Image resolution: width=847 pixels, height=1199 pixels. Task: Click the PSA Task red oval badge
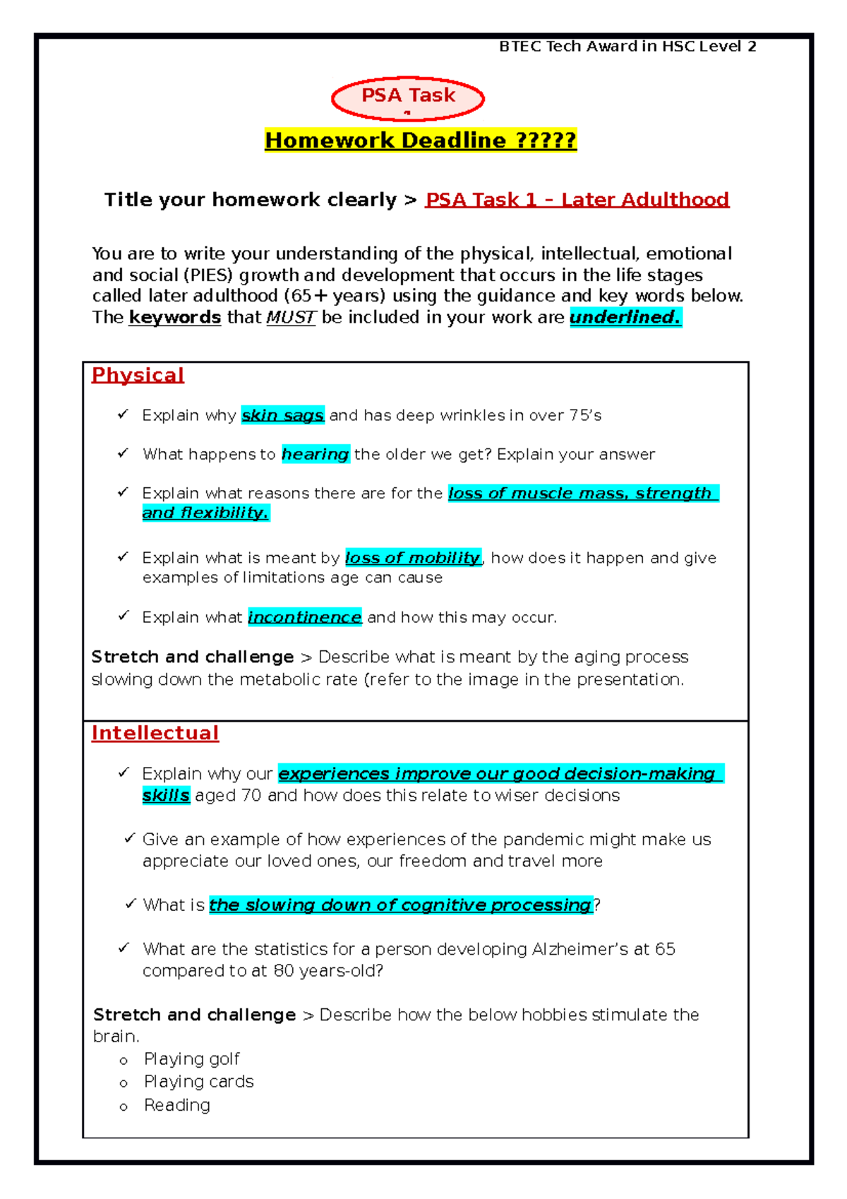pos(408,98)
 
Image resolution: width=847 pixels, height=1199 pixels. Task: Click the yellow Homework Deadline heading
pos(421,141)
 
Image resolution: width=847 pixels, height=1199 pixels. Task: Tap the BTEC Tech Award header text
pos(627,47)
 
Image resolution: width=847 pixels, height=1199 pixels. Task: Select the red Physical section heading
pos(138,375)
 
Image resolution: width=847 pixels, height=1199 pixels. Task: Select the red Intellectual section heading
pos(155,733)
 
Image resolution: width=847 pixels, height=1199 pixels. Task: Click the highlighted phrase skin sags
pos(282,415)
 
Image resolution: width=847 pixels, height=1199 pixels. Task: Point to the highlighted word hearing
pos(316,454)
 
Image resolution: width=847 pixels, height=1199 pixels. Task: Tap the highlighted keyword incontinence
pos(305,617)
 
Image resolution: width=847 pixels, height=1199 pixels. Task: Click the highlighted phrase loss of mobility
pos(413,558)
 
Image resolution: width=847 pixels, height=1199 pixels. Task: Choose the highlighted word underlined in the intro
pos(625,317)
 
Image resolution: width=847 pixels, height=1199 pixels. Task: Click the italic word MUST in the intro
pos(291,318)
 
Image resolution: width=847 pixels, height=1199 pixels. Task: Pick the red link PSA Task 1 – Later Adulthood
pos(577,200)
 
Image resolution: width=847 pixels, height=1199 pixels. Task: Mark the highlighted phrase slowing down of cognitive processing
pos(400,905)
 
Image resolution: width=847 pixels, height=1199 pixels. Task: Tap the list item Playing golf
pos(192,1059)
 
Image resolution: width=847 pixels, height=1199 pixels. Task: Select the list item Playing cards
pos(198,1082)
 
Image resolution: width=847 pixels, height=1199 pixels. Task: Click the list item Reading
pos(177,1105)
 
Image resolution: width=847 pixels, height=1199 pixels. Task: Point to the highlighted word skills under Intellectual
pos(166,796)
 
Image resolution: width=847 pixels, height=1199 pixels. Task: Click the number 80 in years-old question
pos(284,971)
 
